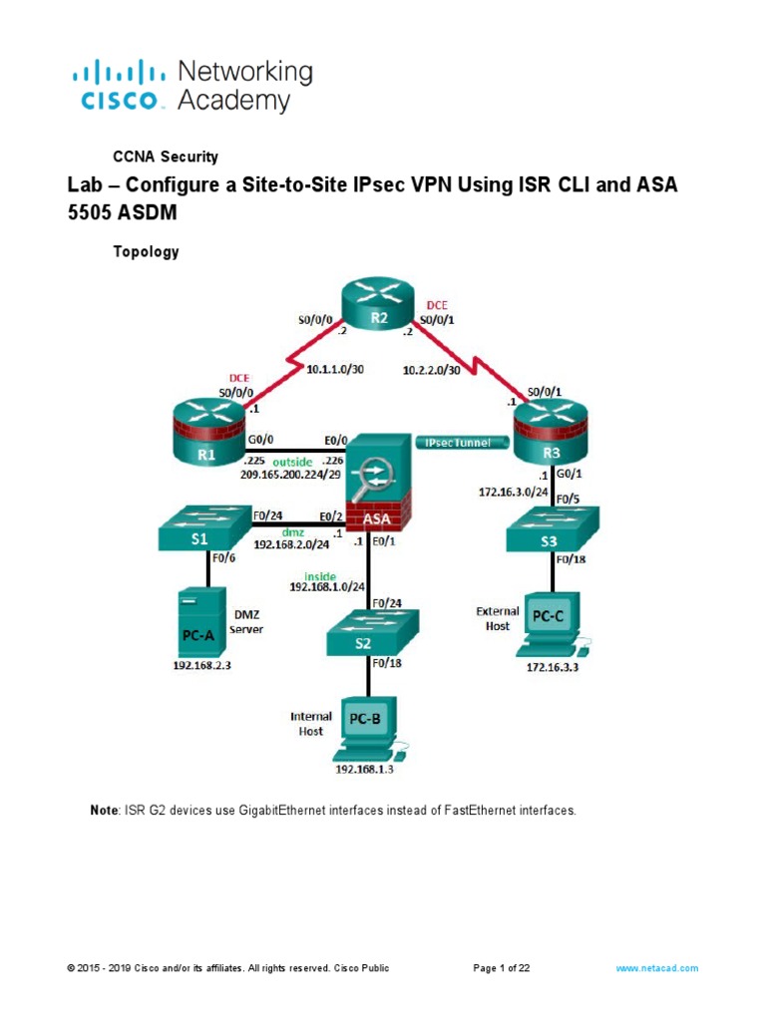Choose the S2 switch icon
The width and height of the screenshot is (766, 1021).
(x=369, y=635)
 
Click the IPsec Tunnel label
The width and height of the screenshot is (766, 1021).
(x=457, y=443)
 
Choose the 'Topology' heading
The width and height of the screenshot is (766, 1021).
(x=145, y=252)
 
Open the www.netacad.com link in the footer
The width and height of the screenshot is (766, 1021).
(x=656, y=968)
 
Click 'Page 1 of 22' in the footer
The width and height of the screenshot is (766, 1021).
(x=501, y=968)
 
